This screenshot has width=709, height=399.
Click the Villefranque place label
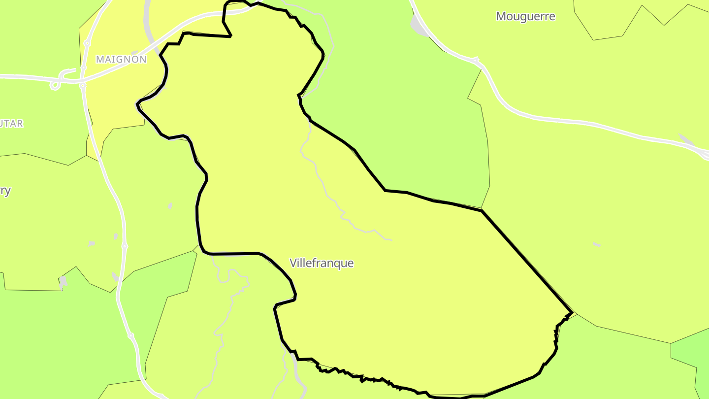pyautogui.click(x=322, y=263)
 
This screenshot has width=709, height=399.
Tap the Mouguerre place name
pyautogui.click(x=525, y=16)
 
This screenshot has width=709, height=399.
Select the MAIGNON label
pyautogui.click(x=121, y=60)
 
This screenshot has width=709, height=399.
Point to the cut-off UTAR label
pyautogui.click(x=11, y=123)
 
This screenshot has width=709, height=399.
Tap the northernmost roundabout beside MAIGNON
pyautogui.click(x=87, y=43)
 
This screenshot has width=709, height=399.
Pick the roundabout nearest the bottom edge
pyautogui.click(x=130, y=336)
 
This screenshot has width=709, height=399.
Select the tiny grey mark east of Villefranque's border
pyautogui.click(x=596, y=244)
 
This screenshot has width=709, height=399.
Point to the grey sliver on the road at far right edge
pyautogui.click(x=686, y=140)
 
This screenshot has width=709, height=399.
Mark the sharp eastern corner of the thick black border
pyautogui.click(x=571, y=312)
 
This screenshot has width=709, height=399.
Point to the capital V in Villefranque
pyautogui.click(x=293, y=263)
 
